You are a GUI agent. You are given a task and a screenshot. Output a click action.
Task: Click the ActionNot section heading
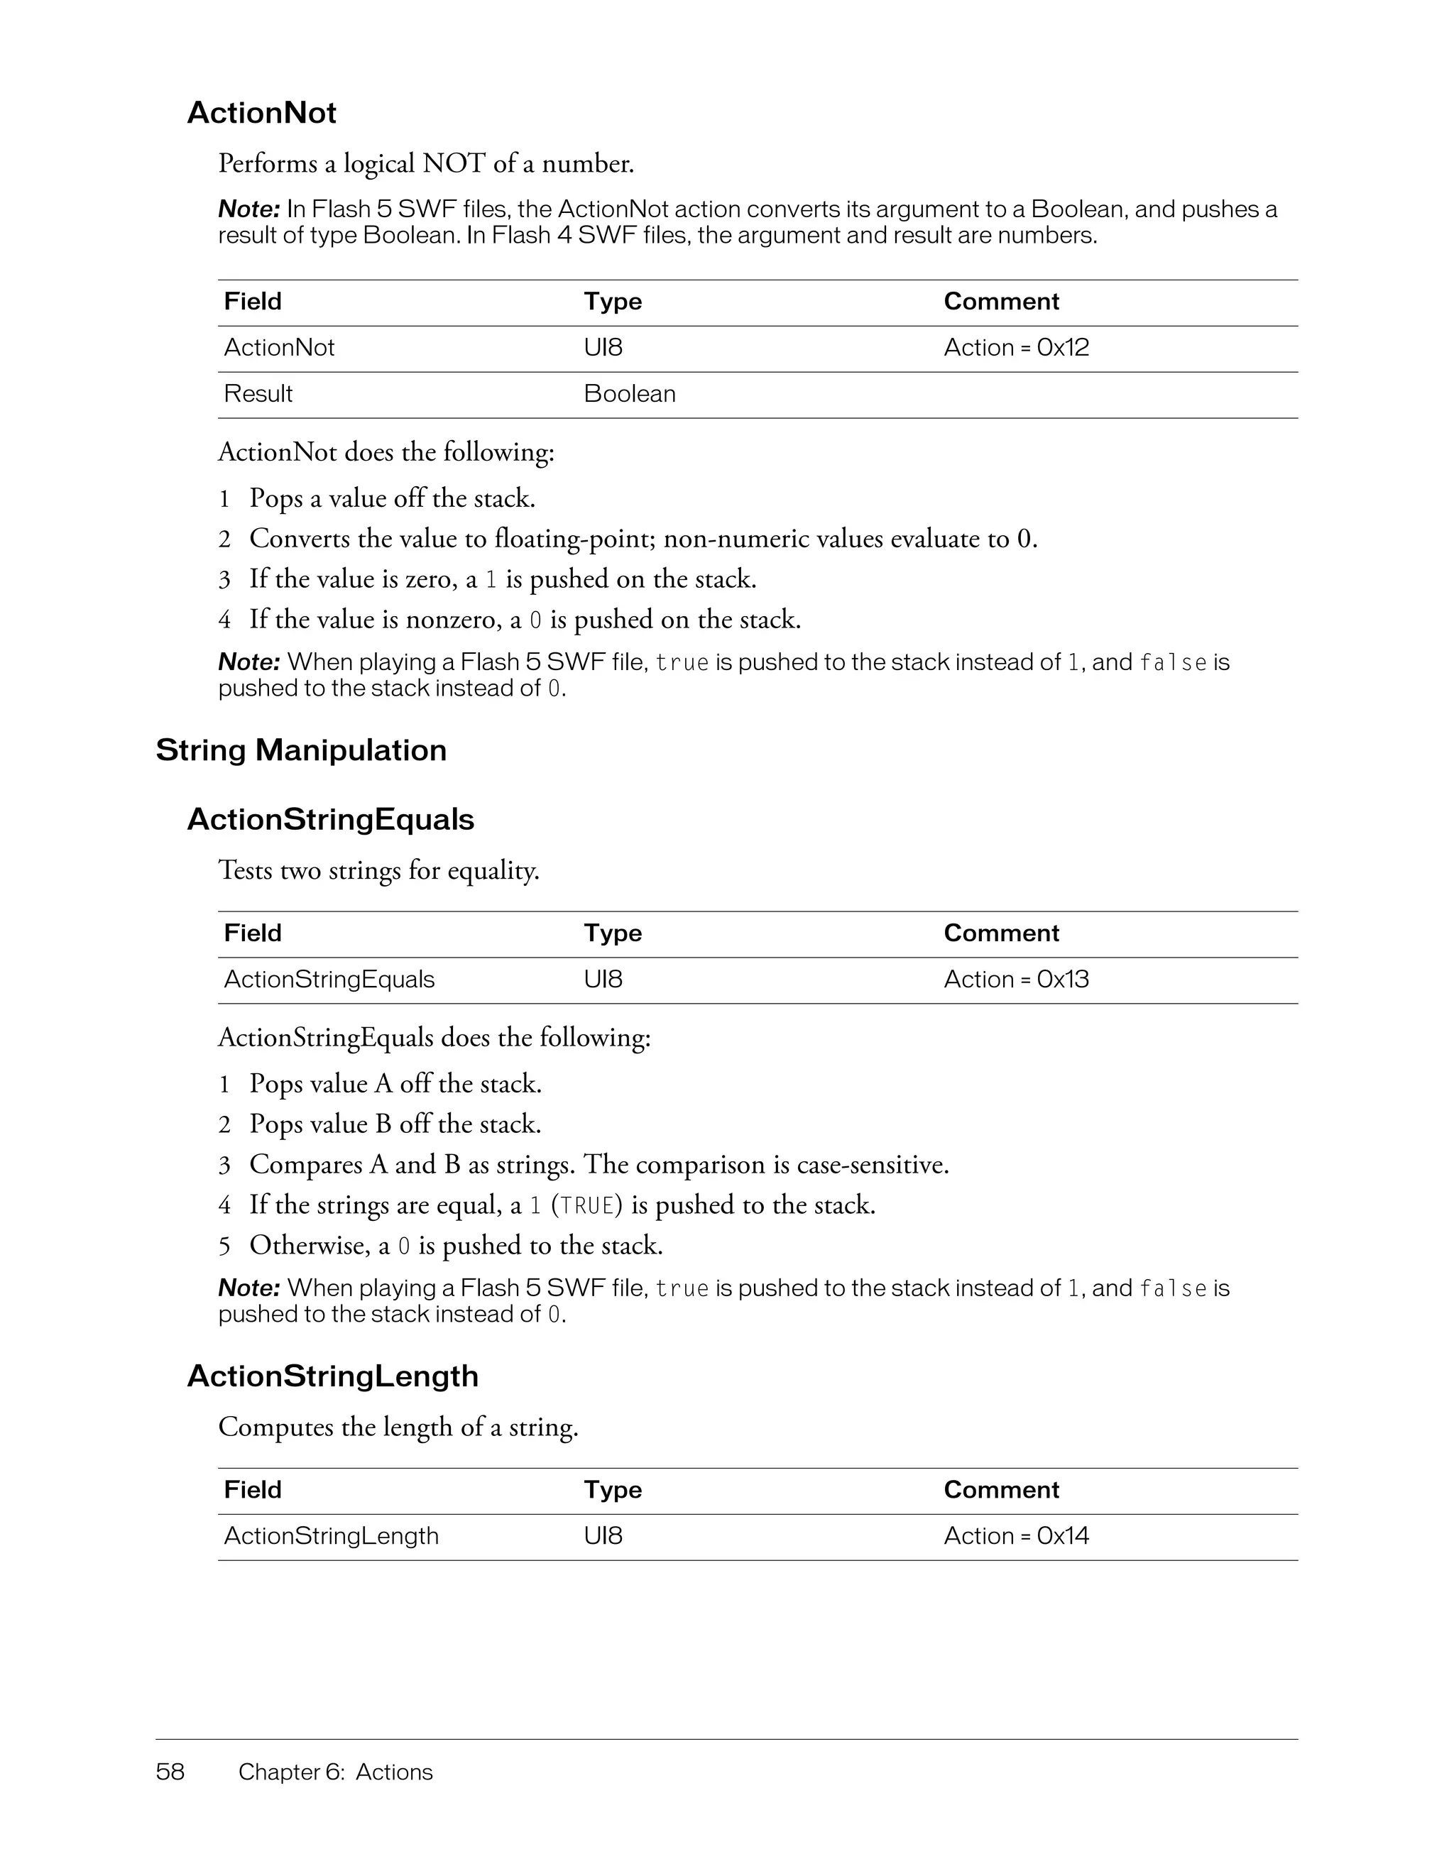click(x=261, y=113)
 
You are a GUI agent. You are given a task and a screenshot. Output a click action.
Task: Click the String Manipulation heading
click(x=301, y=750)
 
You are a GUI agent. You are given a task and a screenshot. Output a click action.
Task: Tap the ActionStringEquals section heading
click(x=330, y=820)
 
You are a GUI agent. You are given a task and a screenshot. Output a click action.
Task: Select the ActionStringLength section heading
click(x=332, y=1376)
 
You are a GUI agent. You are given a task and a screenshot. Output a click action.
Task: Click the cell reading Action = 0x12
click(x=1016, y=347)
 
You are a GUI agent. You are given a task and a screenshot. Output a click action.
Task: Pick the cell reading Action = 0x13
click(x=1016, y=979)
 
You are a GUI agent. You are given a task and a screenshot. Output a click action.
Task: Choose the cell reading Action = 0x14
click(x=1016, y=1535)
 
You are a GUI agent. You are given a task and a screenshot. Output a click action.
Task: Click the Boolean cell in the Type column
click(x=630, y=394)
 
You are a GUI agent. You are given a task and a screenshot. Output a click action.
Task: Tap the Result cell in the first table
click(x=258, y=394)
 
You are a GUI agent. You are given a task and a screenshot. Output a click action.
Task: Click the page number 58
click(x=170, y=1772)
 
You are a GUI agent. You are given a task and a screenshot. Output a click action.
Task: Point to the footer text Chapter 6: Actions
click(x=336, y=1772)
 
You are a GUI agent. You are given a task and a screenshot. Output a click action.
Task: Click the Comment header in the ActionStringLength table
click(x=1000, y=1489)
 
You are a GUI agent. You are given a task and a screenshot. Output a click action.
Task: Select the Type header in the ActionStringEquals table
click(x=613, y=933)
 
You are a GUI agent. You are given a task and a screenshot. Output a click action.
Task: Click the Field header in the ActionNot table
click(x=253, y=301)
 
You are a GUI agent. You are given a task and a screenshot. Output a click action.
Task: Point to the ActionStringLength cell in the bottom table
click(x=331, y=1535)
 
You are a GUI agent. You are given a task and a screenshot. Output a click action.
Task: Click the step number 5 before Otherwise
click(x=224, y=1246)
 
